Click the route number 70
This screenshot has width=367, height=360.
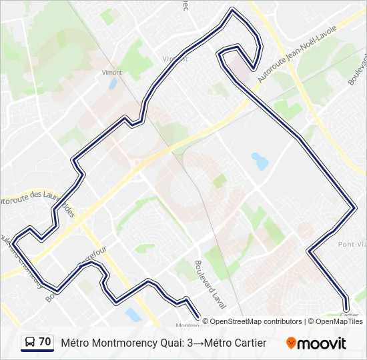click(x=45, y=342)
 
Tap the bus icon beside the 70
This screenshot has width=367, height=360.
click(x=30, y=343)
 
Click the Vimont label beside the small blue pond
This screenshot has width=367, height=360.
click(x=111, y=72)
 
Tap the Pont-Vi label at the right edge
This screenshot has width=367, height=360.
click(x=351, y=245)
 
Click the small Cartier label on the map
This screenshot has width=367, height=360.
click(x=349, y=315)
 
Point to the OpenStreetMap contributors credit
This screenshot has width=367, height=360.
click(x=252, y=321)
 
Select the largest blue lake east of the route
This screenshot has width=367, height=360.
click(x=260, y=161)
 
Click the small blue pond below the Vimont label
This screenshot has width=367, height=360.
click(x=113, y=84)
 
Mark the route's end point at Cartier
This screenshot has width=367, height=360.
click(x=346, y=308)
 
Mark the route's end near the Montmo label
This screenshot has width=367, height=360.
click(x=198, y=316)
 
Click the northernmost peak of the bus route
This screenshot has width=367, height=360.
click(x=232, y=10)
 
